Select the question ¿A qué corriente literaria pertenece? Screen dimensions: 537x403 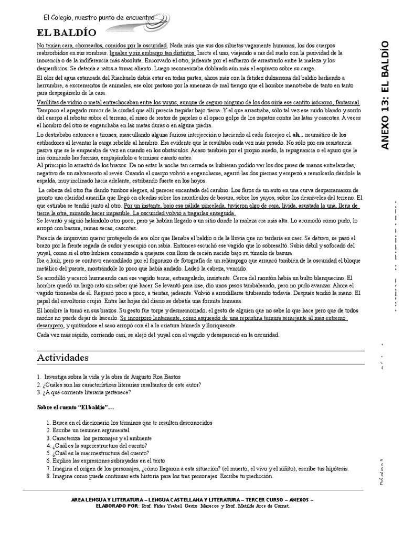pyautogui.click(x=84, y=392)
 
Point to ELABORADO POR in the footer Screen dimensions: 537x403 pyautogui.click(x=118, y=506)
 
